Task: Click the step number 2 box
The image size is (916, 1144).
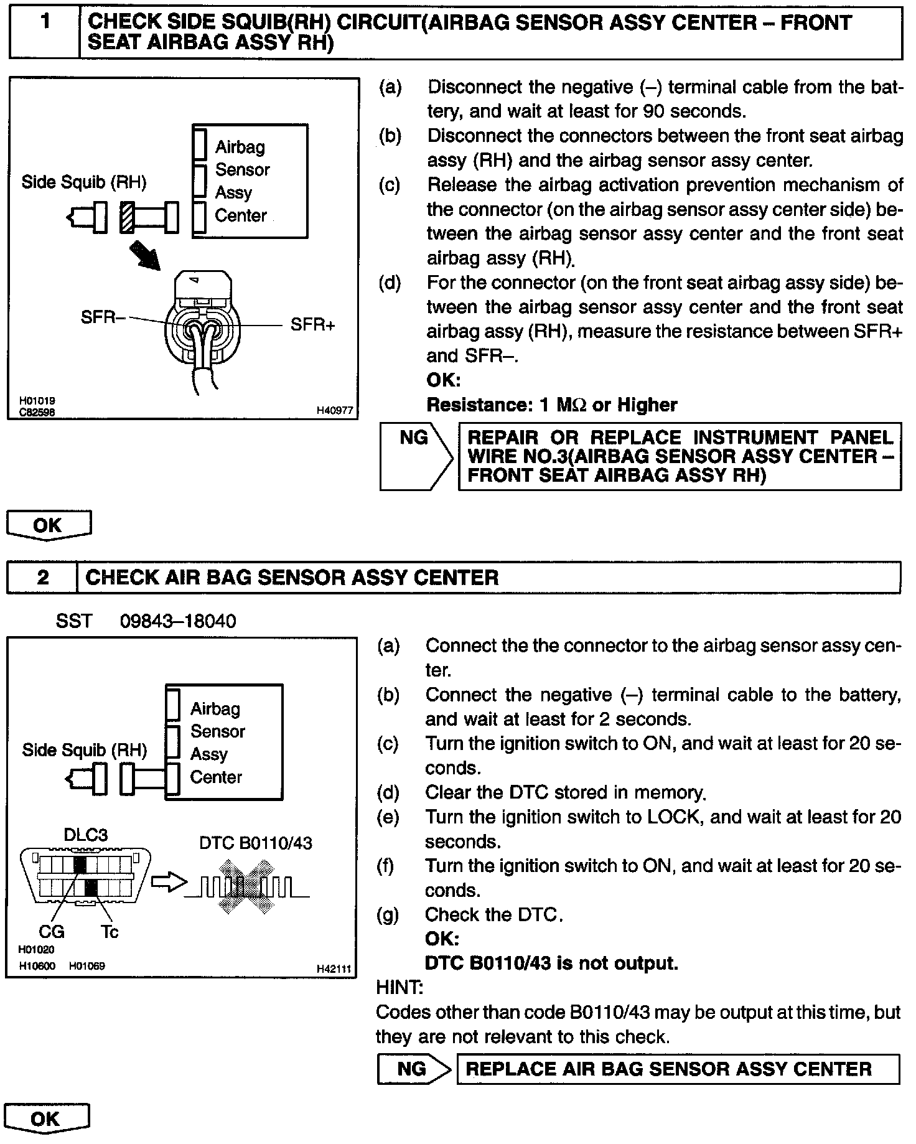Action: point(42,578)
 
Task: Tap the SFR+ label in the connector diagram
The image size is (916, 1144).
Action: point(312,325)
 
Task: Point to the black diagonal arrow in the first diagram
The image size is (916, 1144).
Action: point(145,256)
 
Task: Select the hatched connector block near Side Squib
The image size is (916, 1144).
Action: point(128,218)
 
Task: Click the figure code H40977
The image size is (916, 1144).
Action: point(334,411)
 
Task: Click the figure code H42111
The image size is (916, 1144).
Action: point(334,969)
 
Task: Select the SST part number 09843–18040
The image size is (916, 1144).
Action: point(178,621)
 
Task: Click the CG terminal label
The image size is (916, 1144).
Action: point(52,932)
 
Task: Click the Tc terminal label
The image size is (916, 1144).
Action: point(109,932)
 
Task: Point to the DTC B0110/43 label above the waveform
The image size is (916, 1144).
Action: point(256,843)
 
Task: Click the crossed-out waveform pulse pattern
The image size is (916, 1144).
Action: point(247,886)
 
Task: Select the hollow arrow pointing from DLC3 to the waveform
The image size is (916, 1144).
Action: point(169,883)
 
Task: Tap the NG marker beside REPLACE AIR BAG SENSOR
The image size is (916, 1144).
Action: point(412,1069)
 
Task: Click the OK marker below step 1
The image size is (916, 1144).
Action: point(48,525)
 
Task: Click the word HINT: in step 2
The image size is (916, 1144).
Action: point(400,988)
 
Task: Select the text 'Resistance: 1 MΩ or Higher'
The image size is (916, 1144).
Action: point(551,405)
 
